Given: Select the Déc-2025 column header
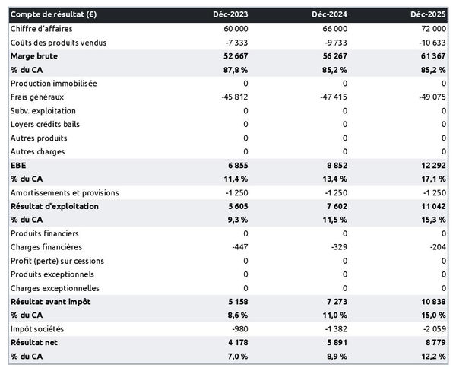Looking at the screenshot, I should coord(429,14).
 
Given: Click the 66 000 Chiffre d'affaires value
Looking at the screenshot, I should coord(334,28).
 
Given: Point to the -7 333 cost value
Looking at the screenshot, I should coord(236,42).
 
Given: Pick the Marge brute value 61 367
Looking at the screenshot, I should coord(431,55).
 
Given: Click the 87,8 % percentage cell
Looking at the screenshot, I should coord(236,69).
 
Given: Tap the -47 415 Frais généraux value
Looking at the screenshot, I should coord(332,97).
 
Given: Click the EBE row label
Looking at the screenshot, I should coord(18,165).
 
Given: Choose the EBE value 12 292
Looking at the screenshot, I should coord(431,165).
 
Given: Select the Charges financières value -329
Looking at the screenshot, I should coord(337,247).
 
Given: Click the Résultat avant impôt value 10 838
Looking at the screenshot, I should coord(431,302).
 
